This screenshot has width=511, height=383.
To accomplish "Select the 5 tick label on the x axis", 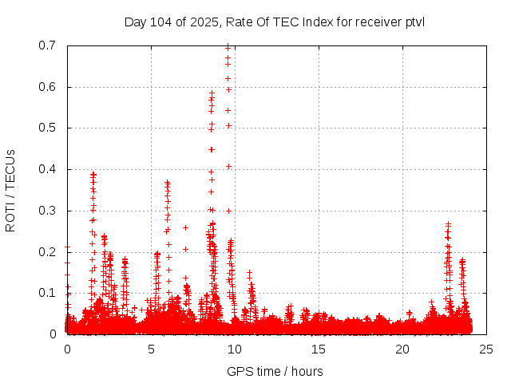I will click(151, 349).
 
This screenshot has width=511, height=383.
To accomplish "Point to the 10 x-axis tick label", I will click(235, 349).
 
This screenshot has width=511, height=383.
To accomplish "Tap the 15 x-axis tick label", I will click(319, 349).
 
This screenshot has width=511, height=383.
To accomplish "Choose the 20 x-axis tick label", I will click(402, 349).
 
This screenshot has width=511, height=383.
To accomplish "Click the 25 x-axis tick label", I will click(486, 349).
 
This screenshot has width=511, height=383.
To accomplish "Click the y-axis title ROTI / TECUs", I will click(10, 190).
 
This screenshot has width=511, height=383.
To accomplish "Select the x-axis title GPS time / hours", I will click(275, 371).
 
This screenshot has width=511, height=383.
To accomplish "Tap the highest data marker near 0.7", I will click(228, 46).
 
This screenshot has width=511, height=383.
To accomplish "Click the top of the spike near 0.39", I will click(93, 174).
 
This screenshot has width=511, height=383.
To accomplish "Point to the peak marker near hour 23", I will click(448, 224).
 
